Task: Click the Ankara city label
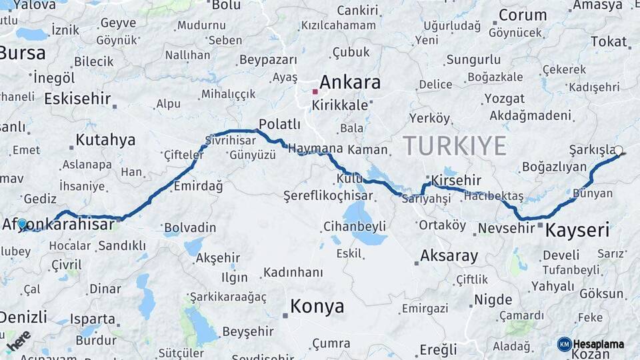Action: coord(350,83)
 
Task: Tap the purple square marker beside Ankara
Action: coord(315,91)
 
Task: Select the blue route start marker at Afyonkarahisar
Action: coord(22,224)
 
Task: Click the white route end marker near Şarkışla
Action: coord(619,151)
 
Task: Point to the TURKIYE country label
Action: coord(455,145)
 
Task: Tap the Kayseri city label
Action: coord(577,231)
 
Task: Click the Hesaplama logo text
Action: coord(599,344)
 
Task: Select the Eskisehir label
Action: coord(77,99)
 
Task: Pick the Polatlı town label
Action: coord(280,124)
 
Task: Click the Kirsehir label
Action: coord(456,181)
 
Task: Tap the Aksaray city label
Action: coord(449,256)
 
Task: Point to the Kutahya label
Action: coord(105,140)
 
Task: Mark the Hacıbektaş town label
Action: coord(493,196)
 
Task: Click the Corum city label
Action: coord(523,15)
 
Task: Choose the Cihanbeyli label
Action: coord(354,226)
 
